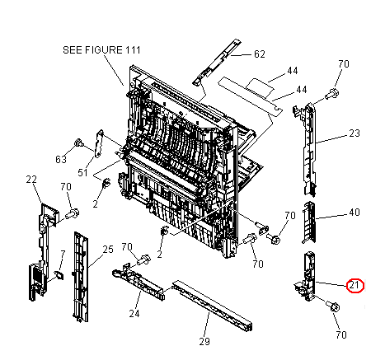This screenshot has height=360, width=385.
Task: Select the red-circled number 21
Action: coord(354,286)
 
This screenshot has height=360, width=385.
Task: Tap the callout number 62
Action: coord(259,54)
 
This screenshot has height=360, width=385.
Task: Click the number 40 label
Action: coord(354,213)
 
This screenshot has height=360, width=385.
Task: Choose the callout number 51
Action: coord(82,172)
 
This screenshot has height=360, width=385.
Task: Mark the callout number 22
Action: coord(32,180)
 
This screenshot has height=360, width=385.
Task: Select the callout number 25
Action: coord(107,249)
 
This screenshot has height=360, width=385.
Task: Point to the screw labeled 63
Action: coord(78,144)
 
